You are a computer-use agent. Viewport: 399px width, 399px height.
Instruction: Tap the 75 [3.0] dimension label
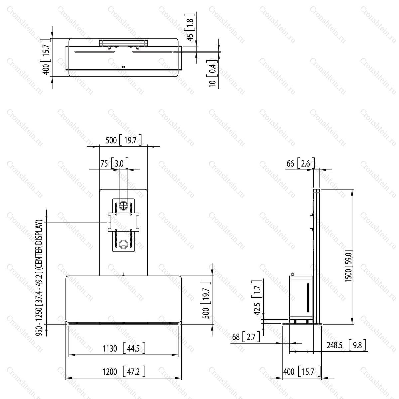coord(114,163)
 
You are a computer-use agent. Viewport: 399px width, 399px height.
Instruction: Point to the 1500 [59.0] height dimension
coord(348,266)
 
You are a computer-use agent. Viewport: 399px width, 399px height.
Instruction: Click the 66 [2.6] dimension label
coord(301,163)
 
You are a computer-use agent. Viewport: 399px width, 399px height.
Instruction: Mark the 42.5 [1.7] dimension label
coord(257,298)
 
